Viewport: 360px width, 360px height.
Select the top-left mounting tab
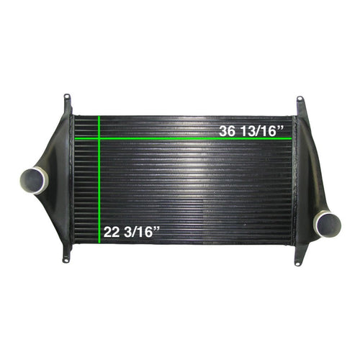click(67, 99)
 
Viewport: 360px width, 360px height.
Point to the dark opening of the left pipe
click(33, 180)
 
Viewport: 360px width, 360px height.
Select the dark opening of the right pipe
click(328, 222)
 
